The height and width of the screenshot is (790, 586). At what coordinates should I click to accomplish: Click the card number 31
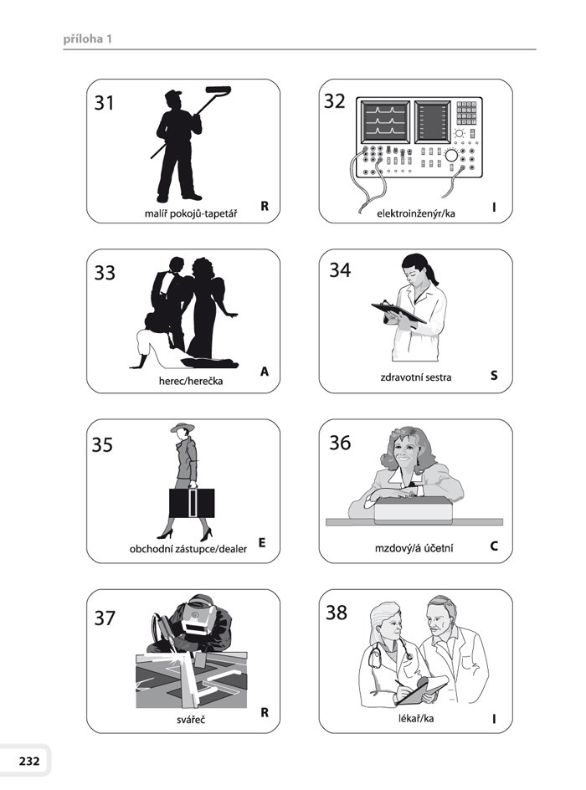click(105, 103)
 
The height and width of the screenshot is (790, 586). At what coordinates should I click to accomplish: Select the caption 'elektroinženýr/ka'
click(416, 213)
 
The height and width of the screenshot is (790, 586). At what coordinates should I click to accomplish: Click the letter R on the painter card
click(265, 206)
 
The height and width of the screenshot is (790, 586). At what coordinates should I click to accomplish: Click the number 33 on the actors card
click(105, 273)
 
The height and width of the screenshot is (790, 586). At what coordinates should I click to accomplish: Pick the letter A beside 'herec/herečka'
click(265, 372)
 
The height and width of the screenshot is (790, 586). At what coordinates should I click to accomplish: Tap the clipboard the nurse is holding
click(398, 311)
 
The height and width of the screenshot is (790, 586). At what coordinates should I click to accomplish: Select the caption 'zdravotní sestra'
click(416, 377)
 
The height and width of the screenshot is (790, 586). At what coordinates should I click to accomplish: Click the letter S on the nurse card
click(494, 376)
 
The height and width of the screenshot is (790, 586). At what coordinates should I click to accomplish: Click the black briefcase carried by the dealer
click(192, 503)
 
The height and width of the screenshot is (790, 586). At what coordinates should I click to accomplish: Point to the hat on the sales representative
click(182, 428)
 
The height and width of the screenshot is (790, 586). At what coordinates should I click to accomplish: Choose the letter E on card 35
click(262, 542)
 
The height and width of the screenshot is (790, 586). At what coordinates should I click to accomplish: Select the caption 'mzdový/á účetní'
click(414, 547)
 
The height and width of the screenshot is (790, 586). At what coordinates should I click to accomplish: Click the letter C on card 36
click(494, 546)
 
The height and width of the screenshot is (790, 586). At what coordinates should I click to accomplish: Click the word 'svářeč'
click(191, 720)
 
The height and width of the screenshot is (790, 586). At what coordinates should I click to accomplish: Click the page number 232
click(29, 761)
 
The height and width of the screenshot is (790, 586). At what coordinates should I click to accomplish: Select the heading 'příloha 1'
click(88, 38)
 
